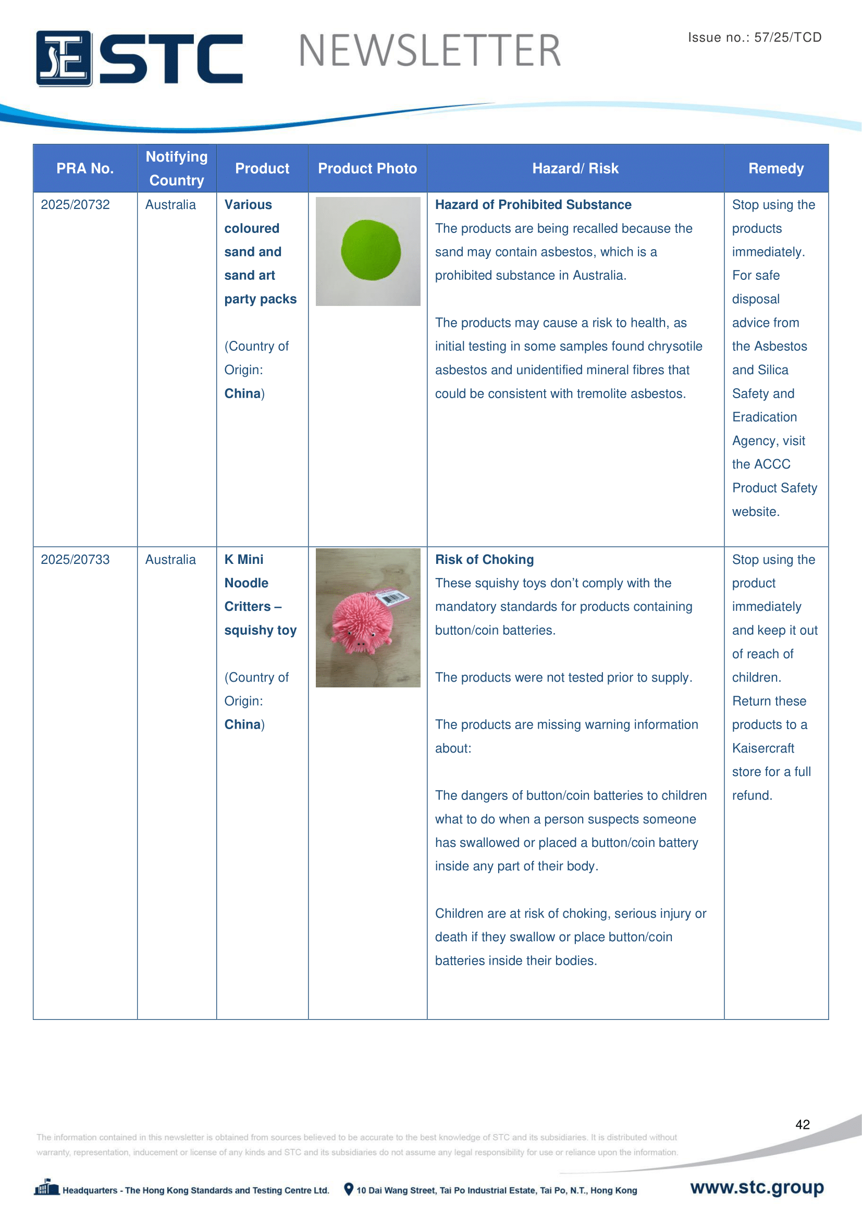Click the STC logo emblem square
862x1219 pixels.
pos(64,58)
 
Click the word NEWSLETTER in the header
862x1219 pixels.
pos(429,51)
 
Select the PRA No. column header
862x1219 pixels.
pos(85,168)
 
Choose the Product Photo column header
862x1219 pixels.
pos(367,168)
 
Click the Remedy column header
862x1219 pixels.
pos(775,168)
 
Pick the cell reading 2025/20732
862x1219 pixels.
pos(76,205)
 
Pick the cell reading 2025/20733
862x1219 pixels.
pos(76,560)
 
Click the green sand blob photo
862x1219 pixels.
pos(371,250)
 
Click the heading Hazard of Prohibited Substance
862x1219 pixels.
pos(533,205)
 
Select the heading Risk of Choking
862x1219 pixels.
pos(484,560)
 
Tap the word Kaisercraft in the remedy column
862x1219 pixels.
pos(763,748)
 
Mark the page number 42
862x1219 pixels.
pos(802,1124)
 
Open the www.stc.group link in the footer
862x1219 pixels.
pos(756,1187)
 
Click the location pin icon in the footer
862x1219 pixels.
pos(348,1189)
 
